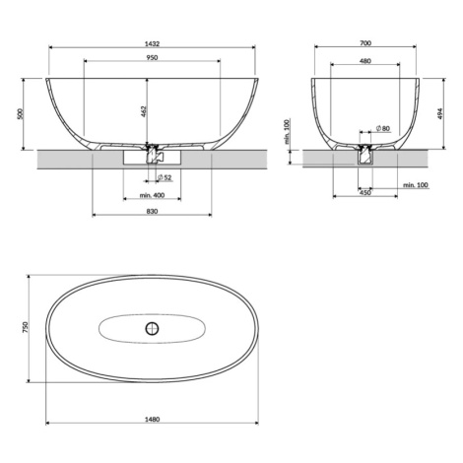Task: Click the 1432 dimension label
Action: [152, 43]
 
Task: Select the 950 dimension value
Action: [152, 58]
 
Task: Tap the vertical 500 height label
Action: [21, 113]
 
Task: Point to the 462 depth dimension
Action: [144, 111]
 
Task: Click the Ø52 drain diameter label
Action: [165, 177]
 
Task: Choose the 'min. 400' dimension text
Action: [152, 195]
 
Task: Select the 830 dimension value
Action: [152, 211]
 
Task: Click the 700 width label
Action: [365, 43]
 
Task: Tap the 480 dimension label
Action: [365, 61]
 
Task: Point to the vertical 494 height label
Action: [440, 113]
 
